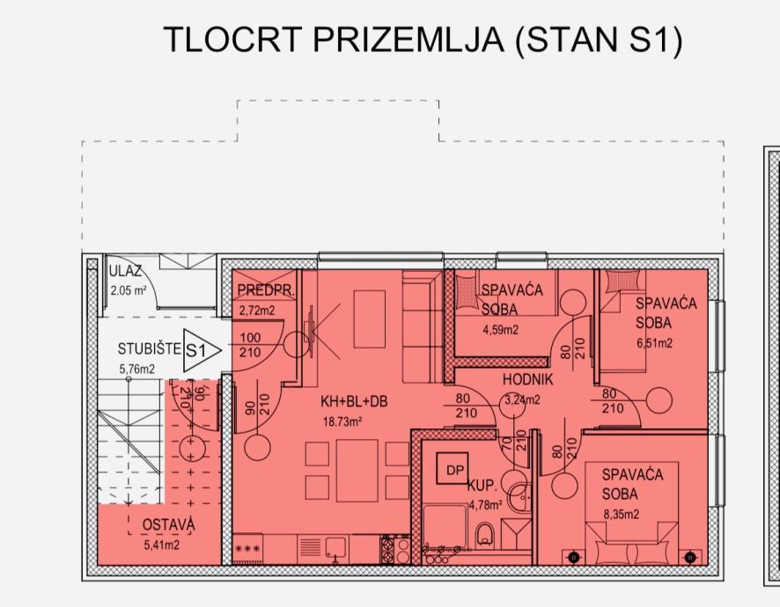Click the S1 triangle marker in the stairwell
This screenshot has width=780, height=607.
[200, 350]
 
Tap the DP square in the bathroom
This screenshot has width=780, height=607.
[453, 468]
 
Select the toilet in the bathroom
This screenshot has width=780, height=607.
[483, 535]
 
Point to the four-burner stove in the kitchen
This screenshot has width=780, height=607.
[395, 549]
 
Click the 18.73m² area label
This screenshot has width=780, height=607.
[342, 422]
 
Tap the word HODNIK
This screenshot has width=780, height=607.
[528, 380]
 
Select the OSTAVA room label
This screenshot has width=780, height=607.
[168, 525]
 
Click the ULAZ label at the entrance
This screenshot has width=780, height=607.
[125, 271]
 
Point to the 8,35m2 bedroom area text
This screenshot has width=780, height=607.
[622, 515]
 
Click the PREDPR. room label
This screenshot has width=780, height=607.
[266, 291]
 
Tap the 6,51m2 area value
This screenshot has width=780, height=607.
[655, 343]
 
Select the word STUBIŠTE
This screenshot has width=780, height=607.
[150, 348]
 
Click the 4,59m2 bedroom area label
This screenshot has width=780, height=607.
[500, 330]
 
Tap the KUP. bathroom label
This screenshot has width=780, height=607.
[482, 486]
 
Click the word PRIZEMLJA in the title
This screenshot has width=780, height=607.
[408, 40]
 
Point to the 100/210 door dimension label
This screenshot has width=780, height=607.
[250, 345]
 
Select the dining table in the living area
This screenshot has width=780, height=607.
[357, 471]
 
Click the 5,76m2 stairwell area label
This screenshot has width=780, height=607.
[136, 369]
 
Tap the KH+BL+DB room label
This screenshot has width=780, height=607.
[354, 402]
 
